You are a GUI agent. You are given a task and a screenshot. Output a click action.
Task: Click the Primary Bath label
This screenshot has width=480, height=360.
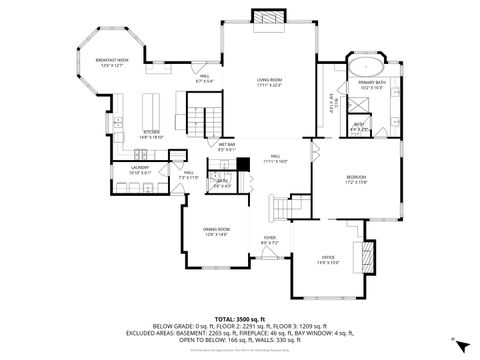click(x=370, y=87)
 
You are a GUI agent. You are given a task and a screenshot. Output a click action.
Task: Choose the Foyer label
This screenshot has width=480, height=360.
click(x=270, y=239)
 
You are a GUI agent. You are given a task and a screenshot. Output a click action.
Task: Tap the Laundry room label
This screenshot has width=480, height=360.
click(x=139, y=171)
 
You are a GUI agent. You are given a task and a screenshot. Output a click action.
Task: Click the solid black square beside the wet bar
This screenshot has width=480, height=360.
click(x=242, y=164)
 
